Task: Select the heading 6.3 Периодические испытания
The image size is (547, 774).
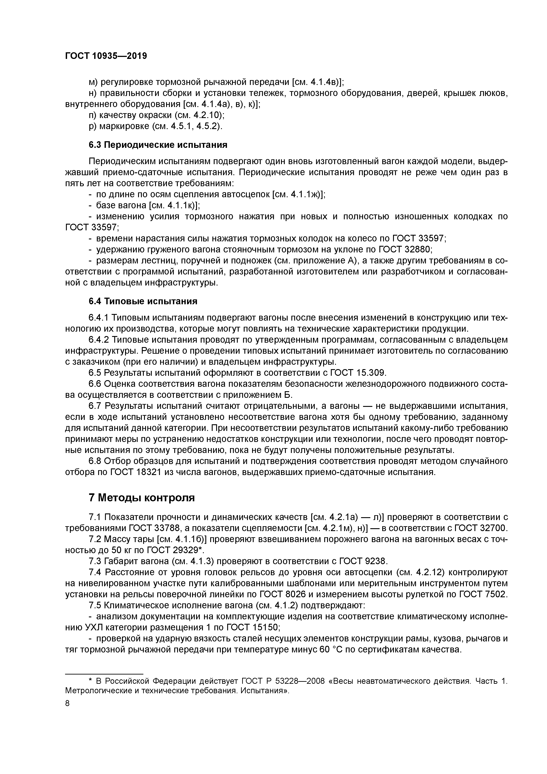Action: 158,145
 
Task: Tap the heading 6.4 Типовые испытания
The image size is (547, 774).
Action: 143,301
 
